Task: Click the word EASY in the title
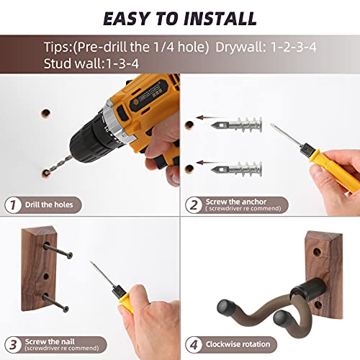click(132, 17)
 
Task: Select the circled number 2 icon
click(193, 204)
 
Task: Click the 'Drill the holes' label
click(48, 205)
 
